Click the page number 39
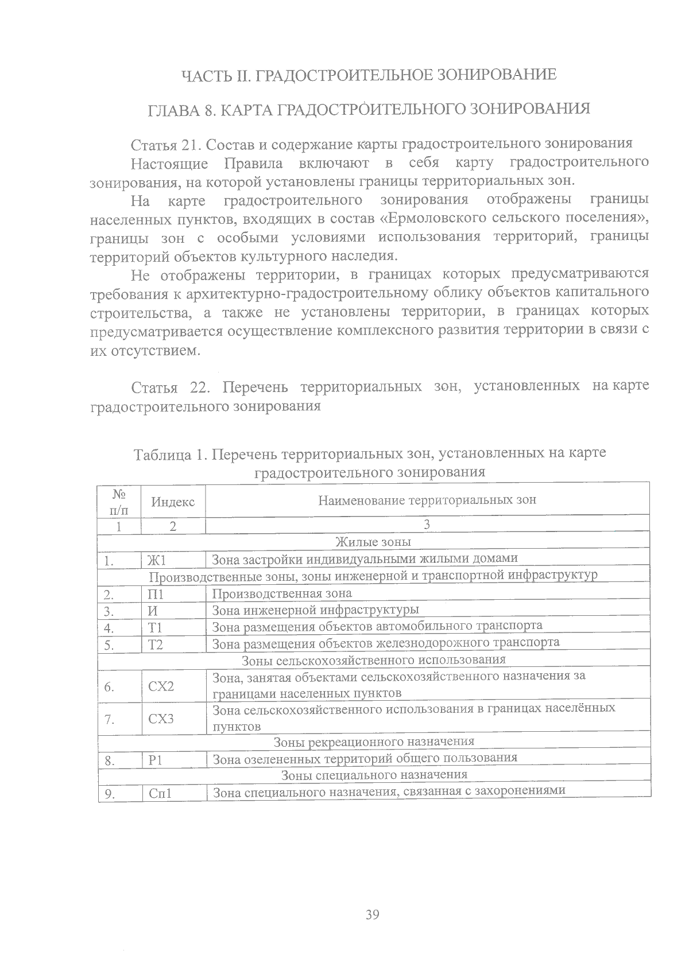pyautogui.click(x=372, y=915)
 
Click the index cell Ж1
pyautogui.click(x=157, y=560)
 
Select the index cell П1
pyautogui.click(x=156, y=595)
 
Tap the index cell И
pyautogui.click(x=153, y=611)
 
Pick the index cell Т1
pyautogui.click(x=155, y=628)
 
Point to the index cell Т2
pyautogui.click(x=155, y=645)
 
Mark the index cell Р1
pyautogui.click(x=156, y=761)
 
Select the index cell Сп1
pyautogui.click(x=161, y=794)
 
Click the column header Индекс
pyautogui.click(x=173, y=502)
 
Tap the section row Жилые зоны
pyautogui.click(x=373, y=542)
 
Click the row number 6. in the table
pyautogui.click(x=110, y=686)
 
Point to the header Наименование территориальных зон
pyautogui.click(x=427, y=500)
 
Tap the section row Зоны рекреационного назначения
pyautogui.click(x=373, y=742)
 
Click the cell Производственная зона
pyautogui.click(x=282, y=593)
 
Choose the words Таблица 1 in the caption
pyautogui.click(x=169, y=455)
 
